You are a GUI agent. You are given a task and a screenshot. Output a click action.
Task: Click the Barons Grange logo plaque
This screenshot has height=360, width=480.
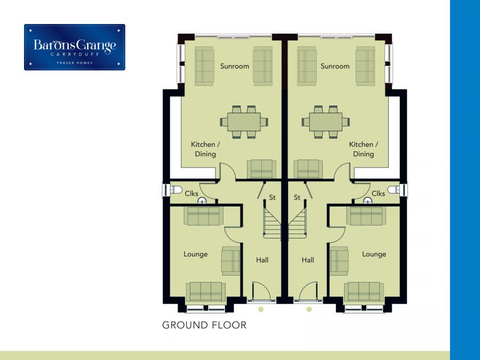(75, 47)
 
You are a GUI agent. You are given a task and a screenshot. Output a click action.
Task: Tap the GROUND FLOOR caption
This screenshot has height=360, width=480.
(204, 325)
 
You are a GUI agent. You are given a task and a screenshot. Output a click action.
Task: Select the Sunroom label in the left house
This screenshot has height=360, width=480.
(235, 66)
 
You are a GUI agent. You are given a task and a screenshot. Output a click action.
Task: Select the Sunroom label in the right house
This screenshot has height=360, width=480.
(335, 66)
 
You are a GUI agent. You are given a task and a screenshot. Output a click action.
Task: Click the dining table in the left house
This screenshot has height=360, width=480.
(244, 122)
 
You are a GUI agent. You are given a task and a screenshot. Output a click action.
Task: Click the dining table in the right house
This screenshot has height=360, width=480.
(326, 122)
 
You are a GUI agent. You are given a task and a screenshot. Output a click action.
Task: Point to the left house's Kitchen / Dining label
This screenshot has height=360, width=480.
(205, 149)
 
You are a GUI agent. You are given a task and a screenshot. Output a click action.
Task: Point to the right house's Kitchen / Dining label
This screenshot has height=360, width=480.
(363, 149)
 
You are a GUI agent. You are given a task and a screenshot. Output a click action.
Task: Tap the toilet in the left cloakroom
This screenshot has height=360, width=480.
(175, 190)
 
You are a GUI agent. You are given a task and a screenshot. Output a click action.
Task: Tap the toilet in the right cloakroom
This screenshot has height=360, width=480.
(394, 190)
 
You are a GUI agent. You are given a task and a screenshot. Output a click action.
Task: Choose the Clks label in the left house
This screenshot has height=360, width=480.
(191, 194)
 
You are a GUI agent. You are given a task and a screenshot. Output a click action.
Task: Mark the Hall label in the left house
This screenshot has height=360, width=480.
(262, 260)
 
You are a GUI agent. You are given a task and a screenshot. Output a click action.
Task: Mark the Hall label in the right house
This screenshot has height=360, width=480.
(308, 260)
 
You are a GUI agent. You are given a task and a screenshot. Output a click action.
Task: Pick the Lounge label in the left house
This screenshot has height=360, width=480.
(196, 254)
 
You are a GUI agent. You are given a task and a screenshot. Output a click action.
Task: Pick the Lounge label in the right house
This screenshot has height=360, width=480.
(374, 254)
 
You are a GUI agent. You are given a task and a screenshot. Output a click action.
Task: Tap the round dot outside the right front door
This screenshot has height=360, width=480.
(309, 309)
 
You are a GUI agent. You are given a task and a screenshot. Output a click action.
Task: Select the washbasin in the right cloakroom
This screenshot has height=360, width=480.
(367, 201)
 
